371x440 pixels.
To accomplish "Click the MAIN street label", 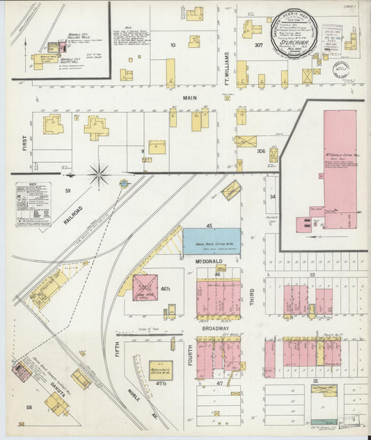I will coord(186,98).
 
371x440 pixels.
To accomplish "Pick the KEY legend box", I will coord(35,207).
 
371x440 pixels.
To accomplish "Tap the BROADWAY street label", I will coord(216,328).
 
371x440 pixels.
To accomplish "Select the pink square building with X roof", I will coord(145,288).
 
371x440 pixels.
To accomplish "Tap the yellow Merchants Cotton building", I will coord(161,370).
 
